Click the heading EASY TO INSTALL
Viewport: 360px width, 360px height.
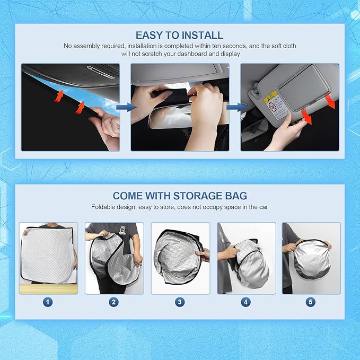[179, 36]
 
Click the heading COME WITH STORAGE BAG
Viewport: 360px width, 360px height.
[179, 196]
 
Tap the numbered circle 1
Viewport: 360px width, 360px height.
[48, 302]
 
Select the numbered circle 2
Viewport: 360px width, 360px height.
[113, 302]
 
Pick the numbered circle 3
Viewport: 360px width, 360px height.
[180, 302]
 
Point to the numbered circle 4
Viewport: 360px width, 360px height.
[245, 302]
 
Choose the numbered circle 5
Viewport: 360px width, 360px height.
[311, 302]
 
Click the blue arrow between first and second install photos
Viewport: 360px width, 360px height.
[126, 107]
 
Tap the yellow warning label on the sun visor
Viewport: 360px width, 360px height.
[270, 97]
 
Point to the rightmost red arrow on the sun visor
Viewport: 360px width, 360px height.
[331, 102]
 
